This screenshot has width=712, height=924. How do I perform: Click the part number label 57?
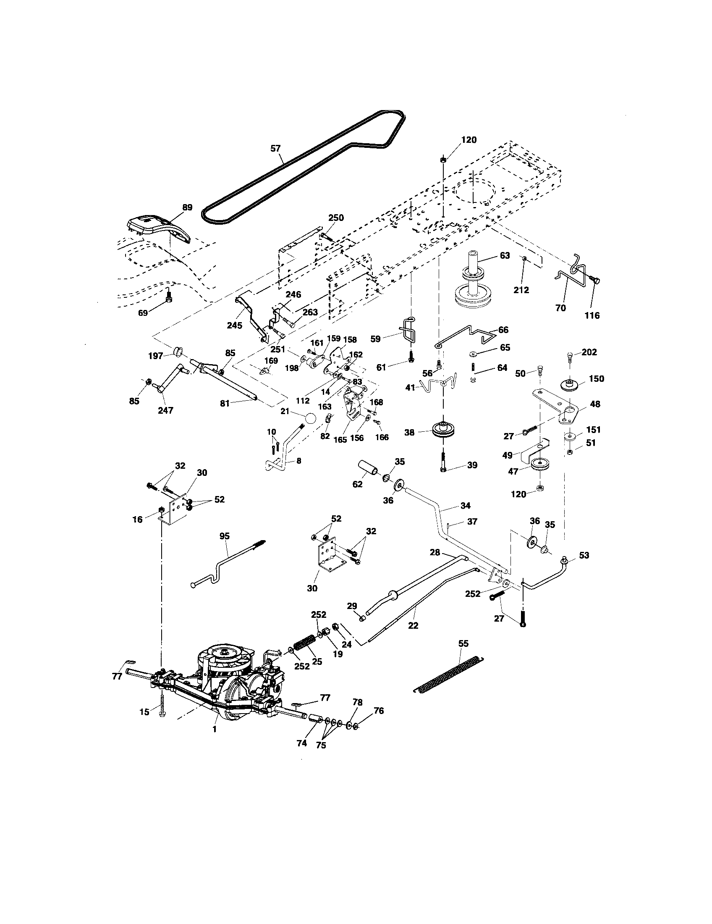pos(275,148)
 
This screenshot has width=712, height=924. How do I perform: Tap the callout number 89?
pos(187,207)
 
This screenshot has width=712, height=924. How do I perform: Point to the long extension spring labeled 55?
pos(448,675)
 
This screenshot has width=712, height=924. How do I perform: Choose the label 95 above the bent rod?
pos(225,536)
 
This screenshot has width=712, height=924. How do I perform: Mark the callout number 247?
pos(165,410)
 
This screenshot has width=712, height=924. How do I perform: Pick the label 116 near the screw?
pos(592,315)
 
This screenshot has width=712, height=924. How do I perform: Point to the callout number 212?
pos(522,290)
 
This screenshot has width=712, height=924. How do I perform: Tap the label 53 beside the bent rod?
pos(584,555)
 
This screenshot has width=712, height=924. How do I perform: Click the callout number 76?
pos(379,711)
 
